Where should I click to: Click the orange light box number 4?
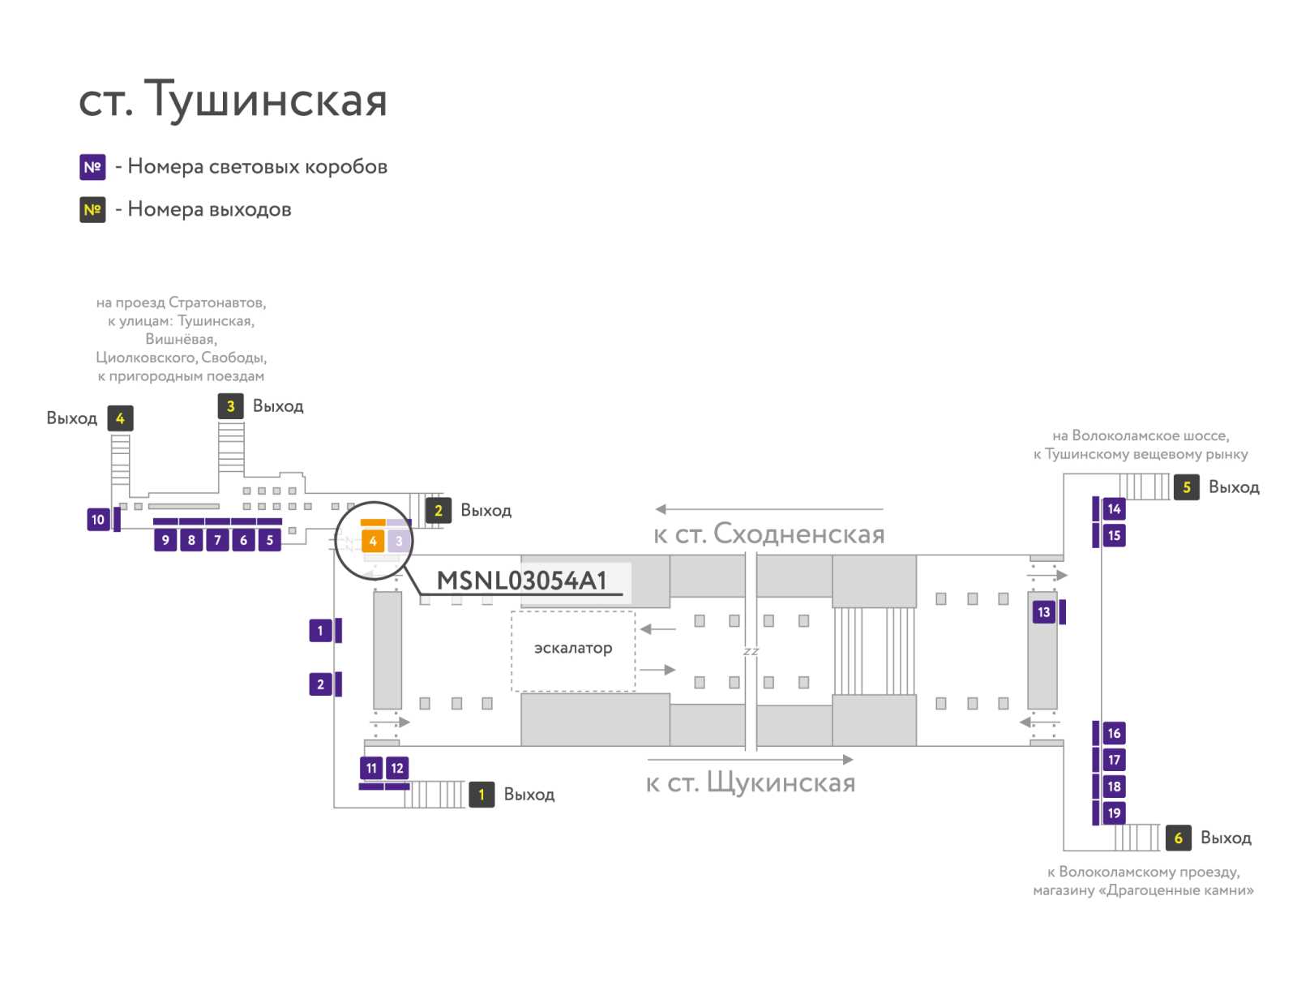[372, 541]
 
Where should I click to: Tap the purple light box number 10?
[98, 519]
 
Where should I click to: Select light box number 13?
[1043, 611]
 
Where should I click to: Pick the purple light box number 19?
[1114, 812]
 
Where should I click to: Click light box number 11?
[371, 768]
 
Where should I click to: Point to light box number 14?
[1114, 508]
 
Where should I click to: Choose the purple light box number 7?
[217, 540]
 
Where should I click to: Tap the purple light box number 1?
[320, 630]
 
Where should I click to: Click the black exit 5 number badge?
[1186, 487]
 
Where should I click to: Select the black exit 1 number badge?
[482, 795]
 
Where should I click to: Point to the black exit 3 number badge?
[230, 406]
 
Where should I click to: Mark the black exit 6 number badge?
[1178, 838]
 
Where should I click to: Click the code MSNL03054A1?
[521, 581]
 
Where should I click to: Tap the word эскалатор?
[572, 648]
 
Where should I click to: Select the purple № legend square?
[92, 167]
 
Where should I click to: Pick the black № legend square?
[92, 210]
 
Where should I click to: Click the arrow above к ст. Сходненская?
[768, 508]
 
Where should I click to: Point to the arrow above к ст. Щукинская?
[751, 759]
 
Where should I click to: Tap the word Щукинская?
[781, 783]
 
